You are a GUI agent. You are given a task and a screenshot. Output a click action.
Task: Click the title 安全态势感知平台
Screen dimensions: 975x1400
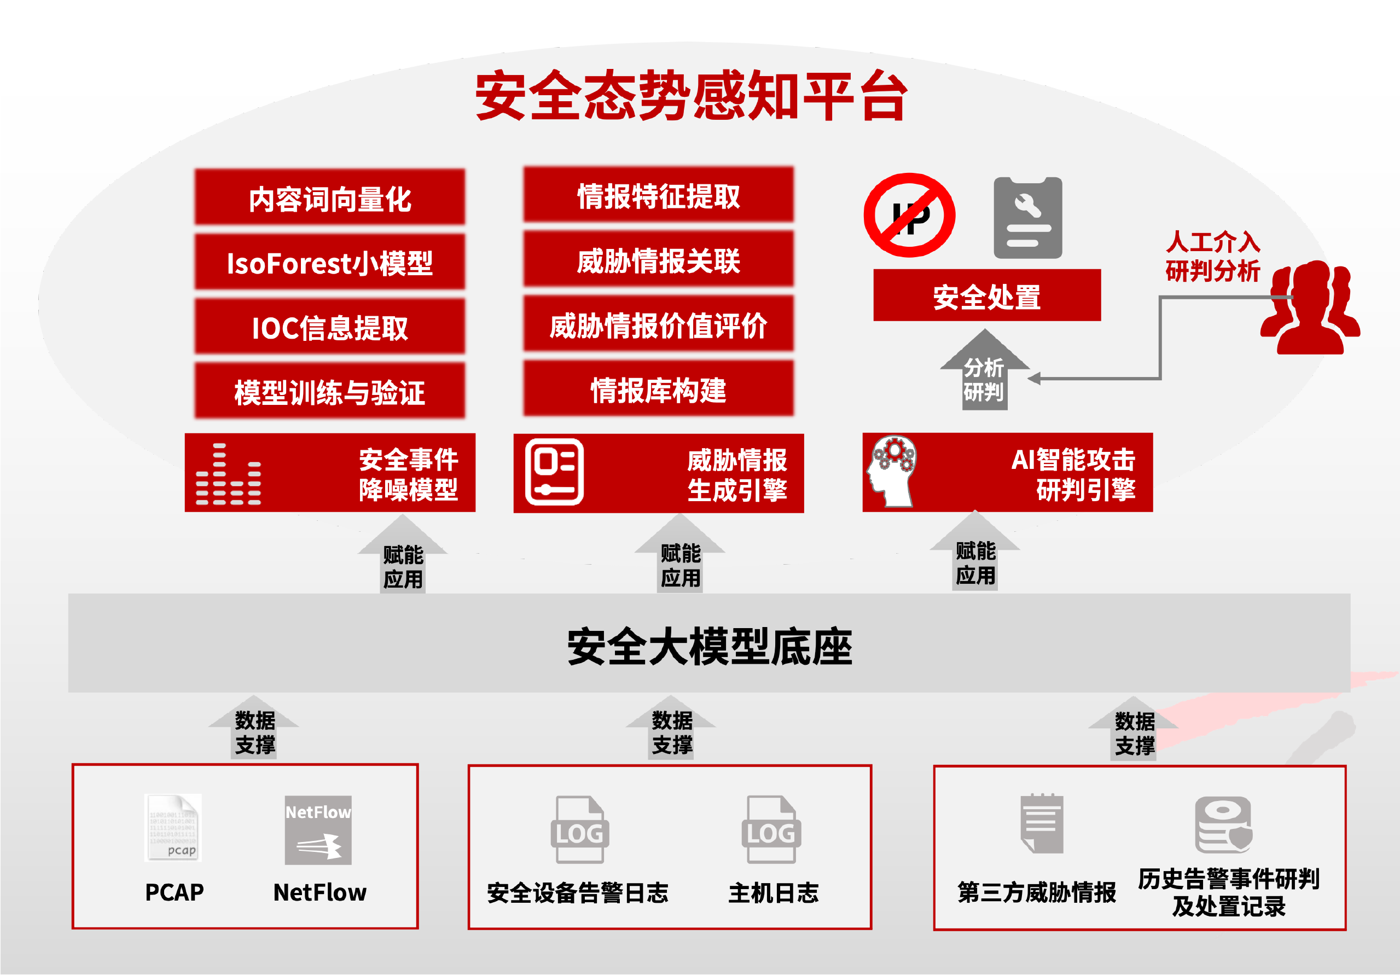691,96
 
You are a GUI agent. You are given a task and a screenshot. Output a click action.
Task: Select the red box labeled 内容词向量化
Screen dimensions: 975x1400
329,198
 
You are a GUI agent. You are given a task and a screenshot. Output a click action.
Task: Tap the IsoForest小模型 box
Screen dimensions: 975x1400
329,263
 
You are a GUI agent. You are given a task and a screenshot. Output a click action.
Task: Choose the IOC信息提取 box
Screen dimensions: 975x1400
329,327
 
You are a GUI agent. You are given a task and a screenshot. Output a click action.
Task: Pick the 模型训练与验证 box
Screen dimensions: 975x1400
329,391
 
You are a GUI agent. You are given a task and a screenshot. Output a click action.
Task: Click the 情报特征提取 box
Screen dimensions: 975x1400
659,195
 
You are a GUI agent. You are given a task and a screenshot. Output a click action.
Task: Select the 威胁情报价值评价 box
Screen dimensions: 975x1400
659,324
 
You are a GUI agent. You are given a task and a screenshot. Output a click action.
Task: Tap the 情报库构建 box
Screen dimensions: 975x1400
659,389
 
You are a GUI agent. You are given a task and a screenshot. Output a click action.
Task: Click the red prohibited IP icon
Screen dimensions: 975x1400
909,215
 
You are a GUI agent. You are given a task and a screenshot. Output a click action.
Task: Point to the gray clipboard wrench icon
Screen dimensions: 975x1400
1028,218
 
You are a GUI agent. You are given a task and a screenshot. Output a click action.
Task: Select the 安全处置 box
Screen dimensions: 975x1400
986,296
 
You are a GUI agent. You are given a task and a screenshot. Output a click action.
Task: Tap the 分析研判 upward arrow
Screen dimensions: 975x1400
984,372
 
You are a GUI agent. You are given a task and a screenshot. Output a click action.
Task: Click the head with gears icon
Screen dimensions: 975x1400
892,471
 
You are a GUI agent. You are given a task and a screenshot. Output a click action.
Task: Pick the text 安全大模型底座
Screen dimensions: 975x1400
709,646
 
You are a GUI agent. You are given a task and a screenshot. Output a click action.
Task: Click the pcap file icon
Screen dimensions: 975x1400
173,827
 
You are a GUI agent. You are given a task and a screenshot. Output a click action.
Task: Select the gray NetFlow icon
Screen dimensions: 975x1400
318,830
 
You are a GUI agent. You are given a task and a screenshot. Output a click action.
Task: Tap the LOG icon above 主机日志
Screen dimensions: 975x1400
771,829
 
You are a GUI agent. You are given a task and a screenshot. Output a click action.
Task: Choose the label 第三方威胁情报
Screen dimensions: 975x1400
1037,892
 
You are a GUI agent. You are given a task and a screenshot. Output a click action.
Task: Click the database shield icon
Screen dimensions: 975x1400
1223,826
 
